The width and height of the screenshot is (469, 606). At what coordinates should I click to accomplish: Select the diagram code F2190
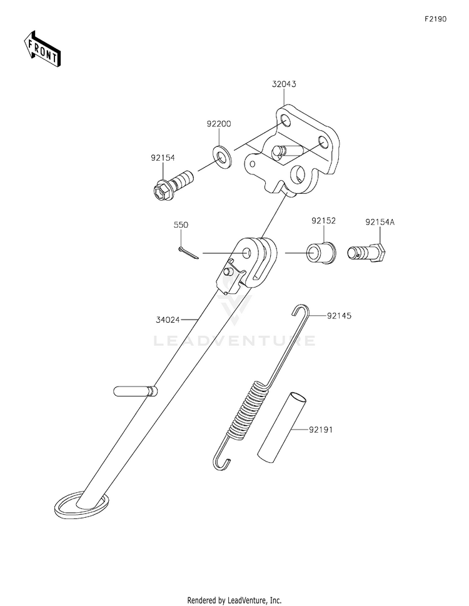[x=435, y=19]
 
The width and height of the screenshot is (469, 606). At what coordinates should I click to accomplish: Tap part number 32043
[x=284, y=84]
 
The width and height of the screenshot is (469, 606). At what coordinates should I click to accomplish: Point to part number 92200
[x=219, y=124]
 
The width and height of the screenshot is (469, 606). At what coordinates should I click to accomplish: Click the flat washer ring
[x=222, y=156]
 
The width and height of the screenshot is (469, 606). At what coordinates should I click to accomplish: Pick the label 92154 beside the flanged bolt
[x=163, y=158]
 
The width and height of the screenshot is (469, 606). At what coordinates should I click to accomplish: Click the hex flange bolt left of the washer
[x=173, y=184]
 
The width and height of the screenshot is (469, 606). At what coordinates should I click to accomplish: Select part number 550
[x=181, y=225]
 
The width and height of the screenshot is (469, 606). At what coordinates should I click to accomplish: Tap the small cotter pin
[x=189, y=253]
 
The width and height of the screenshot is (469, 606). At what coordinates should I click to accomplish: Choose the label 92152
[x=324, y=221]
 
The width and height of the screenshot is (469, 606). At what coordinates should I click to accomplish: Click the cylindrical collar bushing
[x=321, y=253]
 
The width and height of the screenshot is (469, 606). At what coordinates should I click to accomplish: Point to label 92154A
[x=380, y=222]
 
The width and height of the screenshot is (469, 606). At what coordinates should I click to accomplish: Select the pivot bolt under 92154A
[x=366, y=253]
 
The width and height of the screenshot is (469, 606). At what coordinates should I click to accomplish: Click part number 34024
[x=168, y=320]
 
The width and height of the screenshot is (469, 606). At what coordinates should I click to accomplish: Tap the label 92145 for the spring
[x=339, y=315]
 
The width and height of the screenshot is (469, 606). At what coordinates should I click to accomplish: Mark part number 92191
[x=321, y=430]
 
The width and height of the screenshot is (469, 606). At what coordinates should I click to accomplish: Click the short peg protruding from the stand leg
[x=136, y=391]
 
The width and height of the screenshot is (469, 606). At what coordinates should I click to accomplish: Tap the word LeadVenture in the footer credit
[x=246, y=600]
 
